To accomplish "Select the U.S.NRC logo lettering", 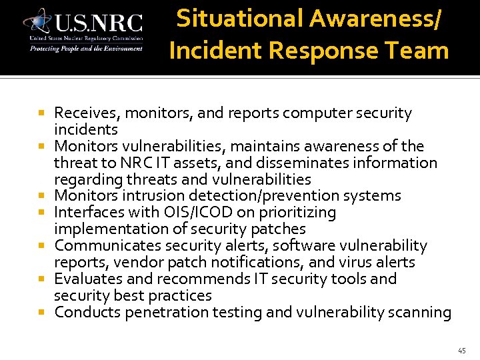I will click(99, 24).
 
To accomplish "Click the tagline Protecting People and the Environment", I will click(85, 49).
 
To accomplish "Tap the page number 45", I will click(461, 350).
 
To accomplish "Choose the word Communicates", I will click(103, 246).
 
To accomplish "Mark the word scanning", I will click(420, 312).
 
